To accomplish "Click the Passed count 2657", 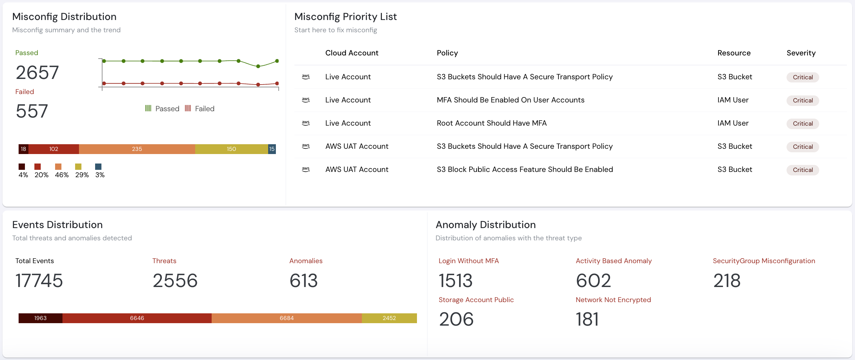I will [37, 73].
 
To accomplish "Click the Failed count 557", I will [32, 111].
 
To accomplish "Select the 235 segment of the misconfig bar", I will [137, 149].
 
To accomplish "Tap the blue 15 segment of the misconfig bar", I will [272, 149].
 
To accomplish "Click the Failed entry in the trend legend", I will [200, 109].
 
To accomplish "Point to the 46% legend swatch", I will [58, 167].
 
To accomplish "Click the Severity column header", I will [801, 53].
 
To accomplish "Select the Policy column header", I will [447, 53].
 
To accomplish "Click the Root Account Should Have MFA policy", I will [491, 123].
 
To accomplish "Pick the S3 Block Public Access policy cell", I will [525, 169].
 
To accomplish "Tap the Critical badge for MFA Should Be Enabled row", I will [803, 100].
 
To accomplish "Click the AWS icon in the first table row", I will [306, 76].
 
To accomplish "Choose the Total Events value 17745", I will [39, 281].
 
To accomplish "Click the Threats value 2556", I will [175, 281].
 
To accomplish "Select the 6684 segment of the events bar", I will [286, 318].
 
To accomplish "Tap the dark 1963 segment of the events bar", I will [40, 318].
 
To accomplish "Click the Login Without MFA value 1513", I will [456, 281].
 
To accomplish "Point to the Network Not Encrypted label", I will [613, 300].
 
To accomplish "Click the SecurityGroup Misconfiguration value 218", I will [727, 281].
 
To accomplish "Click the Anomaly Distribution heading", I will [485, 225].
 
